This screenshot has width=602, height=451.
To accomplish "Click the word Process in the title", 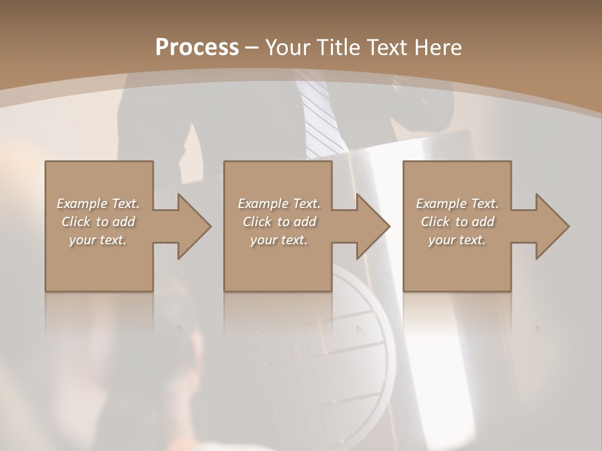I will click(x=197, y=47).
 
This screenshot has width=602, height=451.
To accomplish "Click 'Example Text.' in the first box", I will click(x=98, y=204).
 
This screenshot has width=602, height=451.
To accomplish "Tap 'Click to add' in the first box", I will click(x=98, y=222).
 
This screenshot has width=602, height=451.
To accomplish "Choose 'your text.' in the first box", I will click(x=98, y=240).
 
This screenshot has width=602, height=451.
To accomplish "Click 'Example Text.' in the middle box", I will click(x=279, y=204).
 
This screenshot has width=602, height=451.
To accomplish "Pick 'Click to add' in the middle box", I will click(x=279, y=222).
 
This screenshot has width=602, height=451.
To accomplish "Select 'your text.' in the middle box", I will click(x=279, y=240).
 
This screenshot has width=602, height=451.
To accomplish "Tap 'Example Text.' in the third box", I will click(x=457, y=204).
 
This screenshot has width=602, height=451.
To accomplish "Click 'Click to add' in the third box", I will click(x=457, y=222).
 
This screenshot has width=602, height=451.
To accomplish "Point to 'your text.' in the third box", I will click(x=457, y=240).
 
